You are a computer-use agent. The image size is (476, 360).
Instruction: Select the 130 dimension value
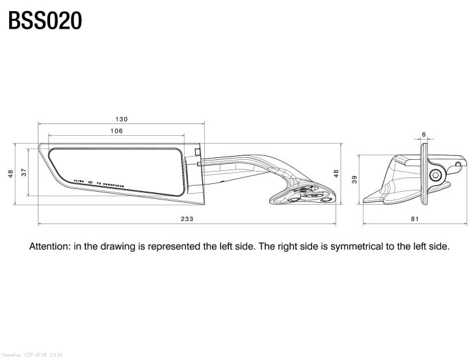[x=121, y=119]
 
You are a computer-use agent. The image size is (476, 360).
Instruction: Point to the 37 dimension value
[x=24, y=171]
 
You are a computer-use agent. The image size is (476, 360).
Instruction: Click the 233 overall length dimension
[x=187, y=219]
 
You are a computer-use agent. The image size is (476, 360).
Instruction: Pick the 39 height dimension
[x=354, y=179]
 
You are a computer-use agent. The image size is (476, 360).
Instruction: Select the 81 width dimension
[x=415, y=219]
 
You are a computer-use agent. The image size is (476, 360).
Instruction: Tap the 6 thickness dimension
[x=424, y=135]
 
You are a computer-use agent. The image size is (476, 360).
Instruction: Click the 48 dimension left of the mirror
[x=10, y=174]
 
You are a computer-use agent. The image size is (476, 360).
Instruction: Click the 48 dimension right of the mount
[x=336, y=174]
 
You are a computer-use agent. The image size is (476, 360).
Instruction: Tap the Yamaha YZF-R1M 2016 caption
[x=33, y=355]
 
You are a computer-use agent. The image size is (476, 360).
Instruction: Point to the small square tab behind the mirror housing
[x=197, y=152]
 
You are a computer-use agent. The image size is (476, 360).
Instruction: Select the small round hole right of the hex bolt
[x=458, y=165]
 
